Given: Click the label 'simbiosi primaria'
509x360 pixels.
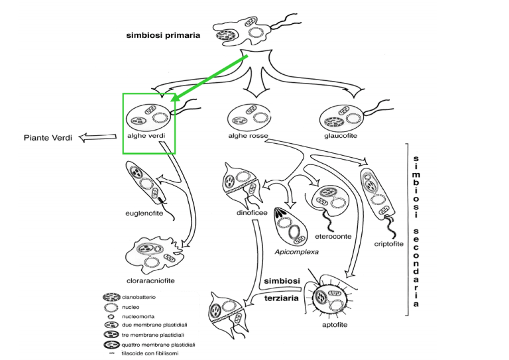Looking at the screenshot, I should click(x=163, y=36).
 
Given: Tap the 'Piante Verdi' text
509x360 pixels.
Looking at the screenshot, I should click(x=48, y=138).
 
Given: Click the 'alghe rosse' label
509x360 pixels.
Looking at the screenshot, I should click(x=249, y=136).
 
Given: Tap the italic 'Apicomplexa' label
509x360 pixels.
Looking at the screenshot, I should click(x=297, y=252).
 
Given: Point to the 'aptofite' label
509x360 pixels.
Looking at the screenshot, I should click(x=335, y=326).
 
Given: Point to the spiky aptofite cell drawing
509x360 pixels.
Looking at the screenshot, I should click(x=331, y=294).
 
